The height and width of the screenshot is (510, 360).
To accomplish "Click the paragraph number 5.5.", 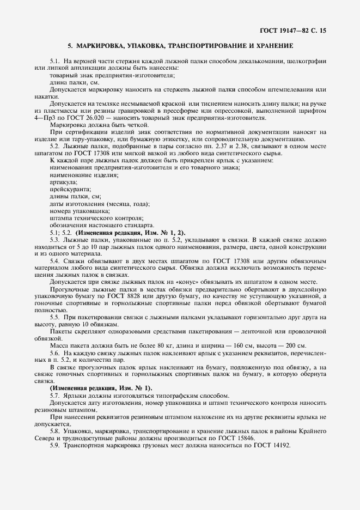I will point(54,317).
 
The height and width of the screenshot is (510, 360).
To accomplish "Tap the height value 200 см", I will point(292,345).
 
